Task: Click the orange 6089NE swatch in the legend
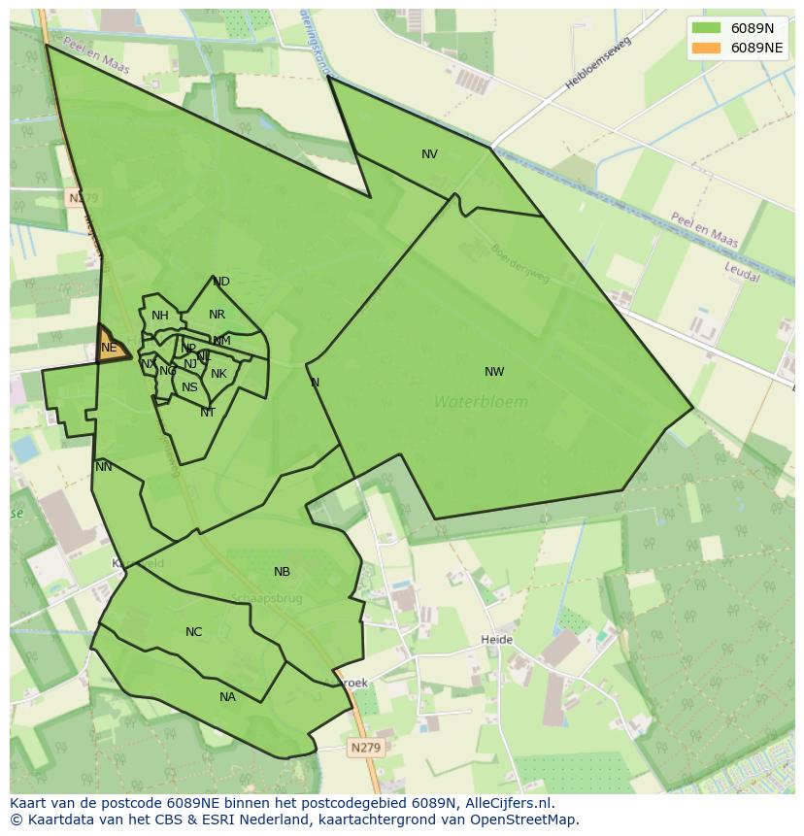pyautogui.click(x=707, y=48)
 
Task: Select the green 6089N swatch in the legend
pyautogui.click(x=707, y=28)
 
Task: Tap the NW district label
pyautogui.click(x=494, y=372)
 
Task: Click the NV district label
pyautogui.click(x=429, y=154)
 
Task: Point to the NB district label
pyautogui.click(x=282, y=572)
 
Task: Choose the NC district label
pyautogui.click(x=193, y=632)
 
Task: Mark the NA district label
pyautogui.click(x=227, y=697)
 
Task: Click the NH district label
pyautogui.click(x=160, y=316)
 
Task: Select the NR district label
pyautogui.click(x=217, y=315)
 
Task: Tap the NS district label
pyautogui.click(x=189, y=387)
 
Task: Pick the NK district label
pyautogui.click(x=218, y=374)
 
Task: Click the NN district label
pyautogui.click(x=104, y=467)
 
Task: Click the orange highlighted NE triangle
pyautogui.click(x=111, y=348)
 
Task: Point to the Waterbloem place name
pyautogui.click(x=481, y=402)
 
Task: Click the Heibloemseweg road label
pyautogui.click(x=597, y=63)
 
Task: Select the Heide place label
pyautogui.click(x=496, y=640)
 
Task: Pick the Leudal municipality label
pyautogui.click(x=741, y=271)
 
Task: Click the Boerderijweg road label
pyautogui.click(x=520, y=263)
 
